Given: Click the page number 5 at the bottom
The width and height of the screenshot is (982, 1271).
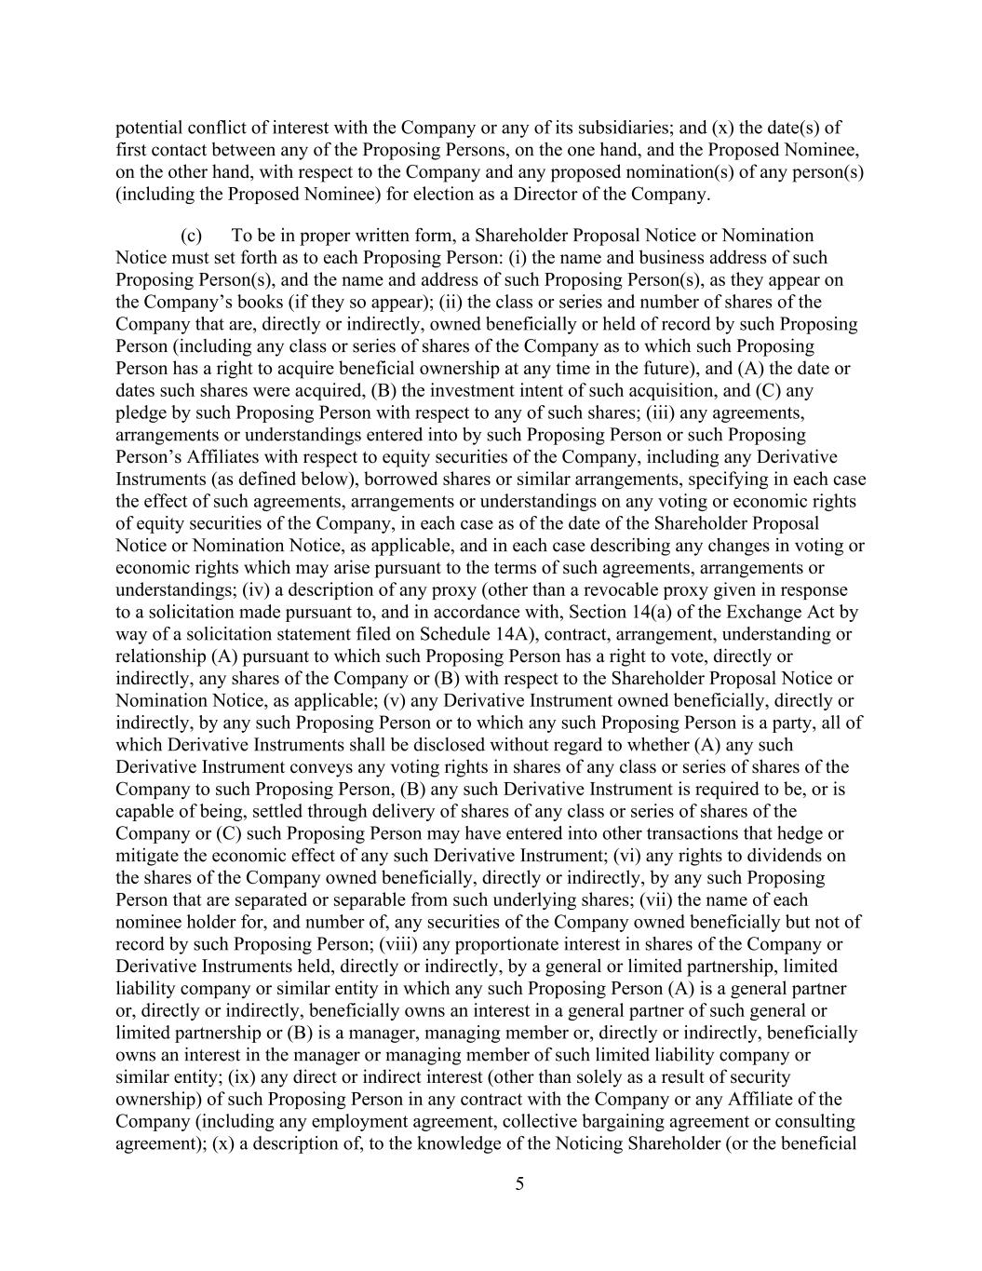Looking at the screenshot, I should (519, 1184).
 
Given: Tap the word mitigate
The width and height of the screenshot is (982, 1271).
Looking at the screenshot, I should (145, 856).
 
